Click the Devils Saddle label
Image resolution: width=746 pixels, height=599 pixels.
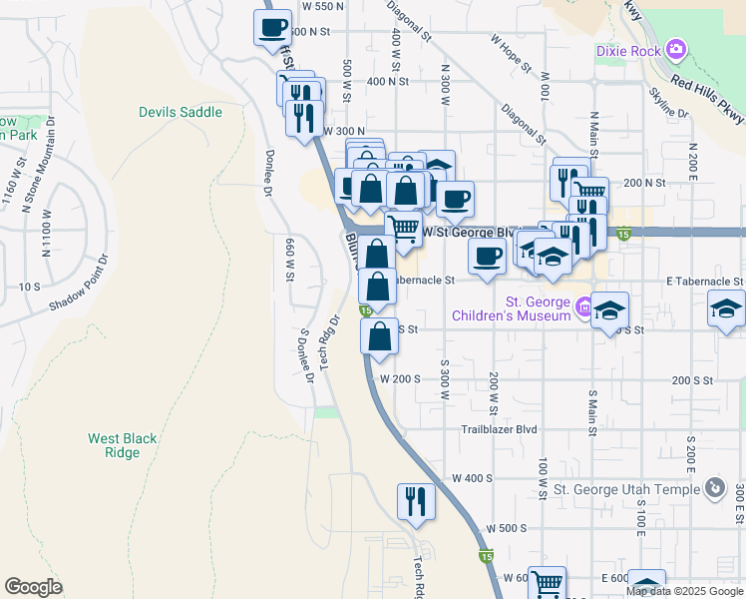(181, 112)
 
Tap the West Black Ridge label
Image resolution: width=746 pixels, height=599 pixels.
(122, 445)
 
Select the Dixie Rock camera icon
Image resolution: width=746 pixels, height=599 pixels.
(677, 49)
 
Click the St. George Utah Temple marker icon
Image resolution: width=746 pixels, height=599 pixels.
(714, 488)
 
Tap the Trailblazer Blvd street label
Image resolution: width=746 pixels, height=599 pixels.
(499, 430)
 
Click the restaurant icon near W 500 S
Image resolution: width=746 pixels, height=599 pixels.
(416, 502)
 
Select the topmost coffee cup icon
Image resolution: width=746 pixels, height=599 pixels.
(272, 29)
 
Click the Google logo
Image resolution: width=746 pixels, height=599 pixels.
(33, 587)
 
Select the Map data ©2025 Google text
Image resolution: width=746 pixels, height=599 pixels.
(684, 591)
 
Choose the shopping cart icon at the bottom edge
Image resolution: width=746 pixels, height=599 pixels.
(547, 584)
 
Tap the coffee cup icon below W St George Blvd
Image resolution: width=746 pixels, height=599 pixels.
(487, 258)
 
